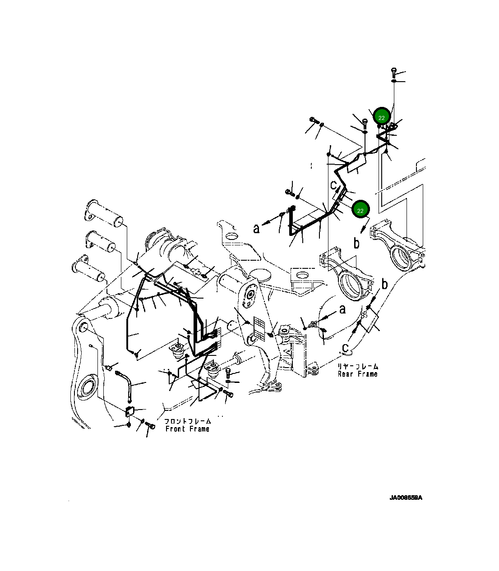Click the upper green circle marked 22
tap(381, 117)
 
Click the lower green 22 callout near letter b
tap(360, 210)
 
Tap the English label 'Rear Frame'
tap(357, 374)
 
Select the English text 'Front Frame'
tap(187, 429)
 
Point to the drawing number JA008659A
tap(406, 498)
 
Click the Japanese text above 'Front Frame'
tap(187, 421)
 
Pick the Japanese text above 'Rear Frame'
tap(358, 366)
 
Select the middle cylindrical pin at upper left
tap(101, 242)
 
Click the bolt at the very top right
tap(394, 71)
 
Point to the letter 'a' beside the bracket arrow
tap(256, 229)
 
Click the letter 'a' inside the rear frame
tap(342, 309)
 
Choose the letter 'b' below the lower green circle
tap(356, 243)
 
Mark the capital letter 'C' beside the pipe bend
tap(333, 184)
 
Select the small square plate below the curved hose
tap(130, 411)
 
